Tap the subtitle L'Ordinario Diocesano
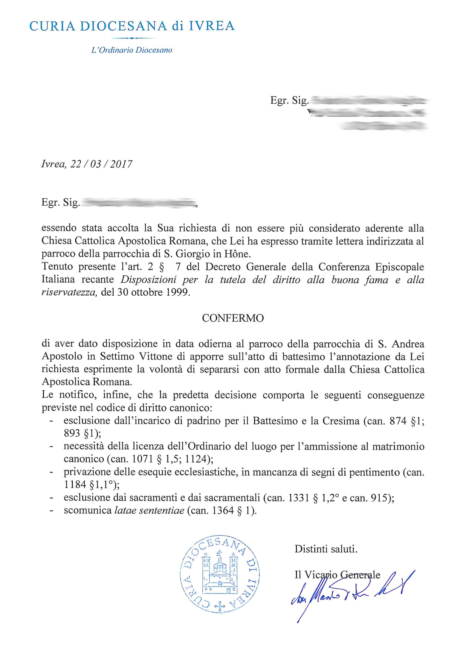coord(132,50)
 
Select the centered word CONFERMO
coord(233,318)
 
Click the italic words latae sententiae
coord(149,510)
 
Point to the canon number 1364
coord(223,510)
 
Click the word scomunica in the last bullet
coord(88,510)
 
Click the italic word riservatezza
coord(69,292)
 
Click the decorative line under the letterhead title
coord(134,38)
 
